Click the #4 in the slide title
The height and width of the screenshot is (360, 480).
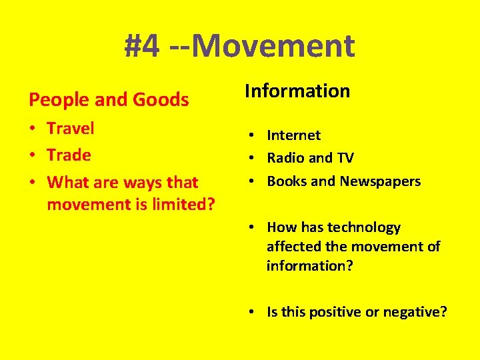142,46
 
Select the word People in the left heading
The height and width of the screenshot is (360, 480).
58,100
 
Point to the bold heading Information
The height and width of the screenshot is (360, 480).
297,91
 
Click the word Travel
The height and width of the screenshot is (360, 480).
71,128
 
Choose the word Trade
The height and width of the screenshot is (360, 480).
69,155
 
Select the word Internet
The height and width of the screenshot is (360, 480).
293,135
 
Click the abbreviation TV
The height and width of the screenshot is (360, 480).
345,158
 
